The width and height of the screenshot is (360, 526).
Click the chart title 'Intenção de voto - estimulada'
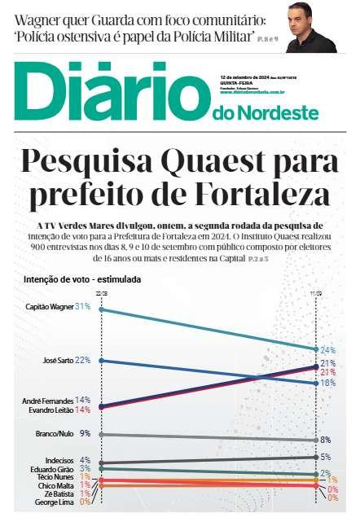tap(83, 279)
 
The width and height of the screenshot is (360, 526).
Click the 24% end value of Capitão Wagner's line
tap(328, 349)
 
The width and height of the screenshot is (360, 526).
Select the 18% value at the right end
tap(328, 382)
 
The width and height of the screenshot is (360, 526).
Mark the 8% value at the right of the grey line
tap(325, 440)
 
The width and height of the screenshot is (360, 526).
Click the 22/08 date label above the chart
tap(101, 291)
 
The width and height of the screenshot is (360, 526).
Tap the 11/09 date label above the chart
tap(317, 291)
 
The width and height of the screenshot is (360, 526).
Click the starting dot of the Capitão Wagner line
tap(100, 309)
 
